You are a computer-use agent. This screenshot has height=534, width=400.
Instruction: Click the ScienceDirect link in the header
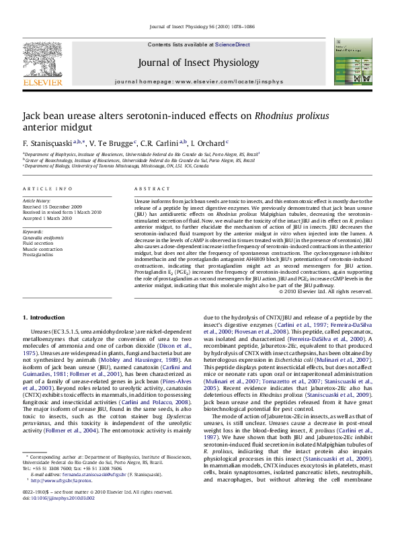pyautogui.click(x=233, y=44)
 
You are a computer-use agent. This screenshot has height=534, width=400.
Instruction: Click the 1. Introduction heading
pyautogui.click(x=44, y=317)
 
